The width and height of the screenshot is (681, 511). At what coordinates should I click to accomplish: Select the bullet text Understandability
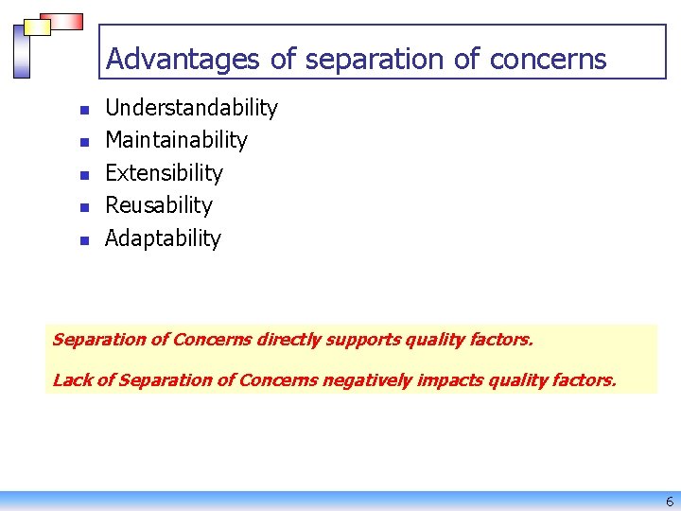[191, 108]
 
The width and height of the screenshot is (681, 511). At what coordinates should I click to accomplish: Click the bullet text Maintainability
[176, 140]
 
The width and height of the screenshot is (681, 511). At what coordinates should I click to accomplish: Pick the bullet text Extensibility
[164, 173]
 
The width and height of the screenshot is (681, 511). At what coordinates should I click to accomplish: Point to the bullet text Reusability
[159, 205]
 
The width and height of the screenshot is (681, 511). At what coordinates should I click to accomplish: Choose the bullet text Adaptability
[163, 238]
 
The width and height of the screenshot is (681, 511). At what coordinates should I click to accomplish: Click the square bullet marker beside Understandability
[84, 110]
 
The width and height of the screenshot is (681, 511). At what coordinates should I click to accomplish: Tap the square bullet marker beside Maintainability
[84, 142]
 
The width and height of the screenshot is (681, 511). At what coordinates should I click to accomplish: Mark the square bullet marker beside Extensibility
[84, 175]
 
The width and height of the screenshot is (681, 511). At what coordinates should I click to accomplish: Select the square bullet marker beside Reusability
[84, 207]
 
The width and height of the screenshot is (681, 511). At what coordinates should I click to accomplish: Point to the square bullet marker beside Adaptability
[84, 240]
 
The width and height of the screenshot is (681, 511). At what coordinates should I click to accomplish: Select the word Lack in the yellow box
[72, 380]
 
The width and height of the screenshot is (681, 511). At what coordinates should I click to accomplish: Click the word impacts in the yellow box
[450, 380]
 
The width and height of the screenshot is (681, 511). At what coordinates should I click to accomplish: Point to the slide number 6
[670, 502]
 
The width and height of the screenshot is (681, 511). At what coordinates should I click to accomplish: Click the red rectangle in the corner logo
[60, 21]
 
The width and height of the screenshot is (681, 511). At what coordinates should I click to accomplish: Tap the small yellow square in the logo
[37, 27]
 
